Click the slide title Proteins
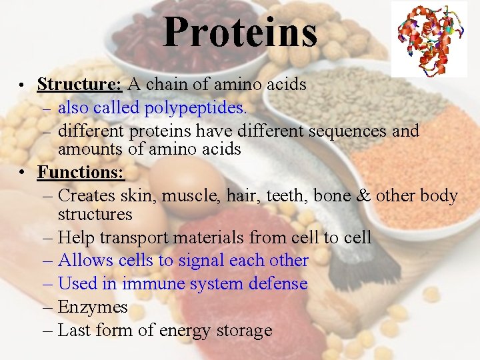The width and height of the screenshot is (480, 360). [240, 32]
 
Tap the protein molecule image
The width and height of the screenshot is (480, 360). [429, 39]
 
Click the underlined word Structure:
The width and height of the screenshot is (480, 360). [79, 85]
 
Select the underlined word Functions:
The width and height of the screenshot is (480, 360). [81, 172]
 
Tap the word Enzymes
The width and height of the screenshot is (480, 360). [93, 307]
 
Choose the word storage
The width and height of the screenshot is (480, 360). [239, 331]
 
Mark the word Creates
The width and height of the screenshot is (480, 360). [88, 196]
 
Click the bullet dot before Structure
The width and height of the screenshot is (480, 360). [22, 86]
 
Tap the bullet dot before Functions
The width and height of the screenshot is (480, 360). [22, 173]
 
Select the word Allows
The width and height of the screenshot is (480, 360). [85, 261]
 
